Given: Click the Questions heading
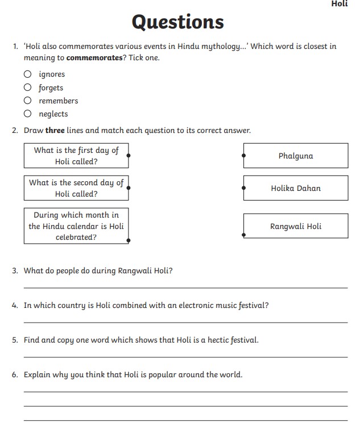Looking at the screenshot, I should (x=177, y=22).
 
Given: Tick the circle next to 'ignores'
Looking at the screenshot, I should (x=27, y=74).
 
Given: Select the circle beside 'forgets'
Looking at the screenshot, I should (x=27, y=87).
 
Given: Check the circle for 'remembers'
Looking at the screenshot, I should (x=27, y=101).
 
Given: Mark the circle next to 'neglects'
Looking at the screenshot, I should (x=27, y=114).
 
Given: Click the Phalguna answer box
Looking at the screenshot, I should (x=296, y=156).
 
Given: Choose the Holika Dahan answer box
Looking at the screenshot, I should (x=296, y=188).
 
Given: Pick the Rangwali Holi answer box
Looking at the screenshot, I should (x=296, y=226).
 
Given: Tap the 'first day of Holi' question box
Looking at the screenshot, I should (x=76, y=156).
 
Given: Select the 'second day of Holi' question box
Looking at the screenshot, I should (x=76, y=188).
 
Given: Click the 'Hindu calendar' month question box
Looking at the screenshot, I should (x=76, y=226).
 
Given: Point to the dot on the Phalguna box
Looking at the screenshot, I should (x=244, y=155).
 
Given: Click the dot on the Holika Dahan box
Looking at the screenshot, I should (x=244, y=187).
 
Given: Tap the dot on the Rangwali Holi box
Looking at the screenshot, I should (x=244, y=234).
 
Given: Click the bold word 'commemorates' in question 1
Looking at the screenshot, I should (x=94, y=58).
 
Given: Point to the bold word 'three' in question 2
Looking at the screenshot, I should (x=55, y=130).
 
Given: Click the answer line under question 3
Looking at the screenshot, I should (x=185, y=287).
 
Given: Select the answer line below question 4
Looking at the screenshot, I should (x=185, y=322).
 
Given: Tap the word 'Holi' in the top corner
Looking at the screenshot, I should (x=340, y=4).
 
